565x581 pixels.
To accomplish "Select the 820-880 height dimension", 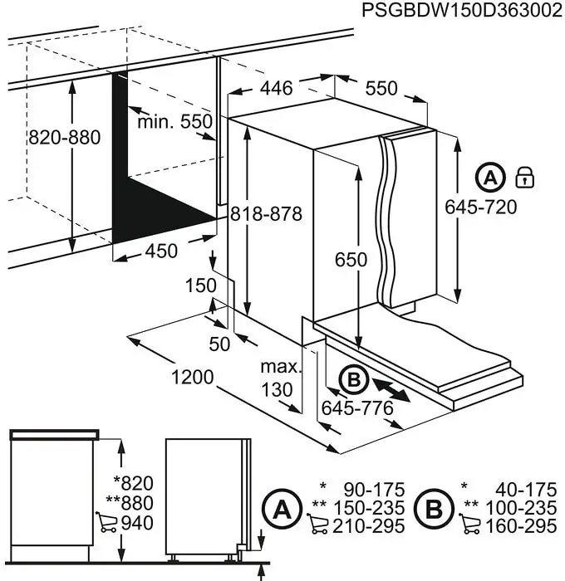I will (65, 138).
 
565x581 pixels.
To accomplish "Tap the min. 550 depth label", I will (175, 122).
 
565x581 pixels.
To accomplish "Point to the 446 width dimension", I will (275, 88).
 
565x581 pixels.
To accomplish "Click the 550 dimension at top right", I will (381, 88).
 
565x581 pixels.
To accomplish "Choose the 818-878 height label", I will (266, 213).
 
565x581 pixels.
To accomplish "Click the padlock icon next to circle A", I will (525, 177).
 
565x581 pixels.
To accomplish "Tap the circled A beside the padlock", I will (490, 178).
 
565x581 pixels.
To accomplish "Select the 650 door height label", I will (351, 260).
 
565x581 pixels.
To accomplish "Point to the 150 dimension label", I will (200, 286).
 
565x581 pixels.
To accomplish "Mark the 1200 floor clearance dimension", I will (193, 378).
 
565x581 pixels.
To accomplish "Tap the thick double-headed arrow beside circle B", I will (391, 390).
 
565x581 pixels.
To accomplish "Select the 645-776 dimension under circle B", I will (356, 408).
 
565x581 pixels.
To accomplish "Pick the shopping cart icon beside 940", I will (106, 521).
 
